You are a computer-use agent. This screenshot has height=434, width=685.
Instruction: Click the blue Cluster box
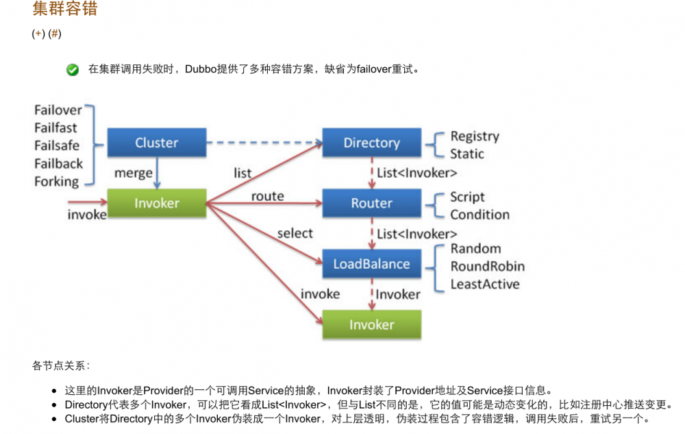(157, 143)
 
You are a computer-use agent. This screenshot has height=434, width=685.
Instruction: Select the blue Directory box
(371, 143)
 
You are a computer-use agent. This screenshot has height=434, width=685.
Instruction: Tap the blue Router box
(371, 203)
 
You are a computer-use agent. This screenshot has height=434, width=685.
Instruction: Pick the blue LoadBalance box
(371, 264)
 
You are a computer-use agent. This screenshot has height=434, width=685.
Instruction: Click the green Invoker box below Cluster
(157, 203)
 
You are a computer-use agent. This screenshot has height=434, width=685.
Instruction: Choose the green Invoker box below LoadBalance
(371, 324)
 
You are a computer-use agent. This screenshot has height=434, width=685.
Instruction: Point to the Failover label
(58, 110)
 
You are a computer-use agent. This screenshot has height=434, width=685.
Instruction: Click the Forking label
(56, 182)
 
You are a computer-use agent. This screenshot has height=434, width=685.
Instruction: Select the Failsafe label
(56, 145)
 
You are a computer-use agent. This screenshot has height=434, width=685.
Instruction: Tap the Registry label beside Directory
(475, 136)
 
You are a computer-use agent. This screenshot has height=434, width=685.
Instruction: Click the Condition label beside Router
(480, 215)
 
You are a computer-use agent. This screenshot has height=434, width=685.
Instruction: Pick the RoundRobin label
(487, 266)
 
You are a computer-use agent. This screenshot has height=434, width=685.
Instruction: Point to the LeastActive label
(484, 284)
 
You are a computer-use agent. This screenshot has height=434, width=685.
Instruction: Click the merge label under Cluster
(134, 173)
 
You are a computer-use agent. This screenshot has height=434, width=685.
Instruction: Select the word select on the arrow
(295, 233)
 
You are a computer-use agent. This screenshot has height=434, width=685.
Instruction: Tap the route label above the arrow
(267, 196)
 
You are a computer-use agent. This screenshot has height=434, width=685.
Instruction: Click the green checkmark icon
(73, 69)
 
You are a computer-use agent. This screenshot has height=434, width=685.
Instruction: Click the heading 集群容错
(64, 9)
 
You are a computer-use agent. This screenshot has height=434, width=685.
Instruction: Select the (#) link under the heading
(55, 34)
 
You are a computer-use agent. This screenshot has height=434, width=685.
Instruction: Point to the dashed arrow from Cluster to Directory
(264, 143)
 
